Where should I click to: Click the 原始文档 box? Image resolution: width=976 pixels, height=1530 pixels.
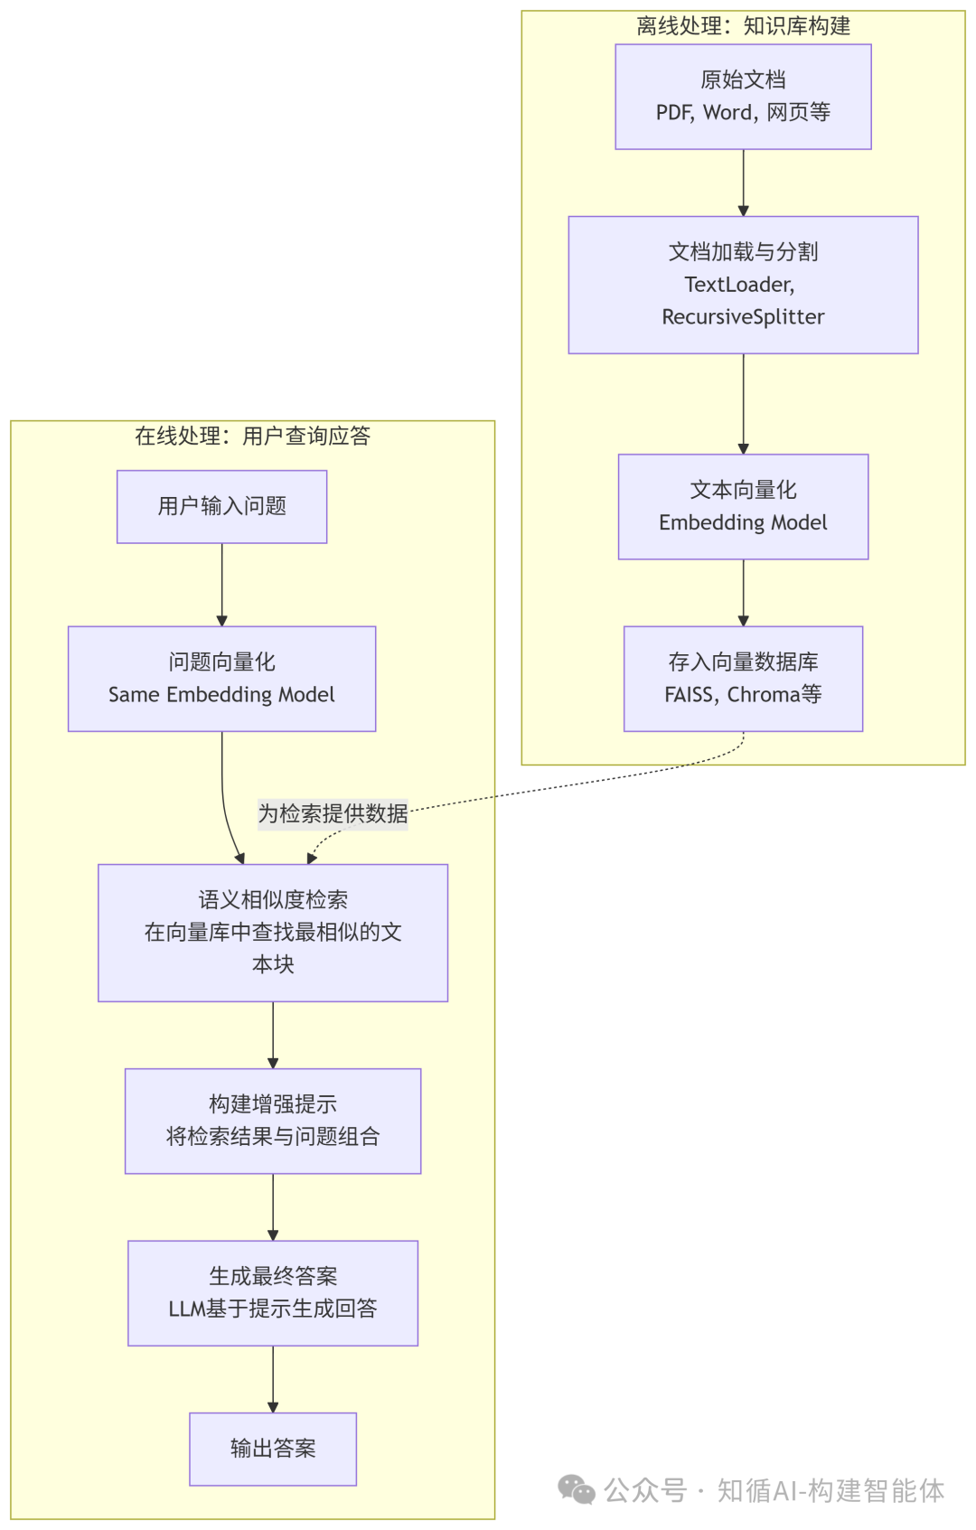point(743,96)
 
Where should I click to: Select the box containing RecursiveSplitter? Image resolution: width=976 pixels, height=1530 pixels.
point(743,284)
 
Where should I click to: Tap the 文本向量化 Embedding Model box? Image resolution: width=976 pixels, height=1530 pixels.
point(743,506)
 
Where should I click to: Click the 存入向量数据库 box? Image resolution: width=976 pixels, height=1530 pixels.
point(743,678)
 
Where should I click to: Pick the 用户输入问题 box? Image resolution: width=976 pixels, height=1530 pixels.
point(221,506)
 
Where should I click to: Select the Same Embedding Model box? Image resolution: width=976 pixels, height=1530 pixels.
point(221,678)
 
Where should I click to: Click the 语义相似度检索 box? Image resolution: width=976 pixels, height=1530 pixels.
point(273,932)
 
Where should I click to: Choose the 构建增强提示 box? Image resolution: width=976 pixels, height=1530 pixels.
point(273,1121)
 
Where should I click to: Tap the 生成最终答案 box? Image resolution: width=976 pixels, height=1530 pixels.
point(273,1292)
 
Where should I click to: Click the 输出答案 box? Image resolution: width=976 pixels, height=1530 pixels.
point(273,1449)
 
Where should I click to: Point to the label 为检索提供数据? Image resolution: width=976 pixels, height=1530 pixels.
point(333,813)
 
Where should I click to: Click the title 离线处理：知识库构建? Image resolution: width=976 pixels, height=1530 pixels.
point(743,26)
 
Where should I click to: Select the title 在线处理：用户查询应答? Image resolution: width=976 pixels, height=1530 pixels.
point(252,436)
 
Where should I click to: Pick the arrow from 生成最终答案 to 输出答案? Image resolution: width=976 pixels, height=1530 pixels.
point(273,1379)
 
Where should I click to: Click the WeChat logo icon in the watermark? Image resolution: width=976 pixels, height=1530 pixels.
point(577,1489)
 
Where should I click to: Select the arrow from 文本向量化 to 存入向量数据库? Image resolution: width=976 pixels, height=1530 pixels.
point(743,593)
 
